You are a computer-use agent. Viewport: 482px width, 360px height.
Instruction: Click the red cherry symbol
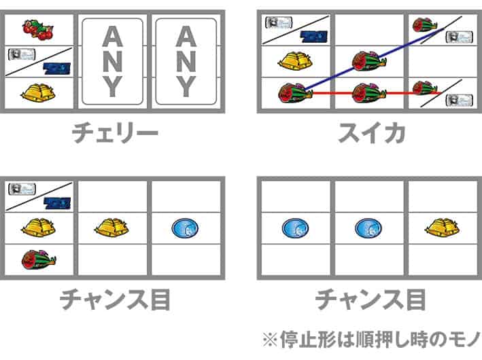(x=38, y=30)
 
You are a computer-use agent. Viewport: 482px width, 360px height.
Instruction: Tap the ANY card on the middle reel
(x=112, y=61)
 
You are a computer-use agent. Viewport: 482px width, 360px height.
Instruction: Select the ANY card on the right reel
(x=186, y=61)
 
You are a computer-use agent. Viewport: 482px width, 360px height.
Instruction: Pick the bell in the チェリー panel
(x=38, y=92)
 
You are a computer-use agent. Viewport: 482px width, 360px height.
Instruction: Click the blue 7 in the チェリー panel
(x=57, y=68)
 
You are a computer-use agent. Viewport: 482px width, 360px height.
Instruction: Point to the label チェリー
(x=115, y=133)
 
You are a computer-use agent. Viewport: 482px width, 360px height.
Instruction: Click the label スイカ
(x=371, y=133)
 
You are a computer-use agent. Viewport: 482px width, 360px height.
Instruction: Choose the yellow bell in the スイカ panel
(x=296, y=60)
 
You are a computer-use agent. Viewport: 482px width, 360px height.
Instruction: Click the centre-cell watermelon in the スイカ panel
(x=368, y=61)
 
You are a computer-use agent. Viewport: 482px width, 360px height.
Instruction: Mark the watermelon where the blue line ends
(x=424, y=25)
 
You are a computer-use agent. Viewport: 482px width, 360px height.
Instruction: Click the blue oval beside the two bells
(x=185, y=228)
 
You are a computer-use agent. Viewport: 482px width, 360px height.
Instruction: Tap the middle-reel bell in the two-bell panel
(x=112, y=228)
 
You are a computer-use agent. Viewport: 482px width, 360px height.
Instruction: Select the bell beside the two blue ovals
(x=442, y=228)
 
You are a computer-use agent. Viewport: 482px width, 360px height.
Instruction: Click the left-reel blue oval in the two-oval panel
(x=296, y=228)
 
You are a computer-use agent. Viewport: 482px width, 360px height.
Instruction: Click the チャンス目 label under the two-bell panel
(x=115, y=300)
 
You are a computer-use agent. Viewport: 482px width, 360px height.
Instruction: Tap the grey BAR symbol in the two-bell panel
(x=22, y=189)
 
